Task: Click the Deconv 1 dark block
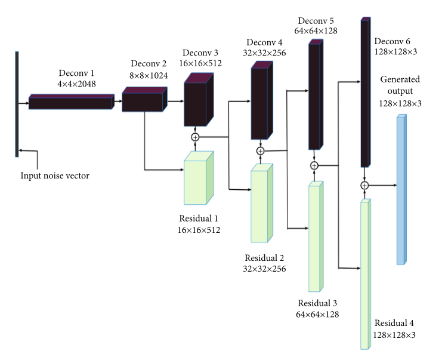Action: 70,103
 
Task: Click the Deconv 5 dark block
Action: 314,96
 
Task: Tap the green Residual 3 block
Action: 314,236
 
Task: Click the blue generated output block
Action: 401,189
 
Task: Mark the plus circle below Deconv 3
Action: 194,137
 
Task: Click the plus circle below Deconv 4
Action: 260,151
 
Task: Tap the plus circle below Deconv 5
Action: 314,165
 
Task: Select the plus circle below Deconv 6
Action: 364,186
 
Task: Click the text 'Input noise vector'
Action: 55,176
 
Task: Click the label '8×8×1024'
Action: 148,76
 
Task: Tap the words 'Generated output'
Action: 400,85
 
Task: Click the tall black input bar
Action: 17,104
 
